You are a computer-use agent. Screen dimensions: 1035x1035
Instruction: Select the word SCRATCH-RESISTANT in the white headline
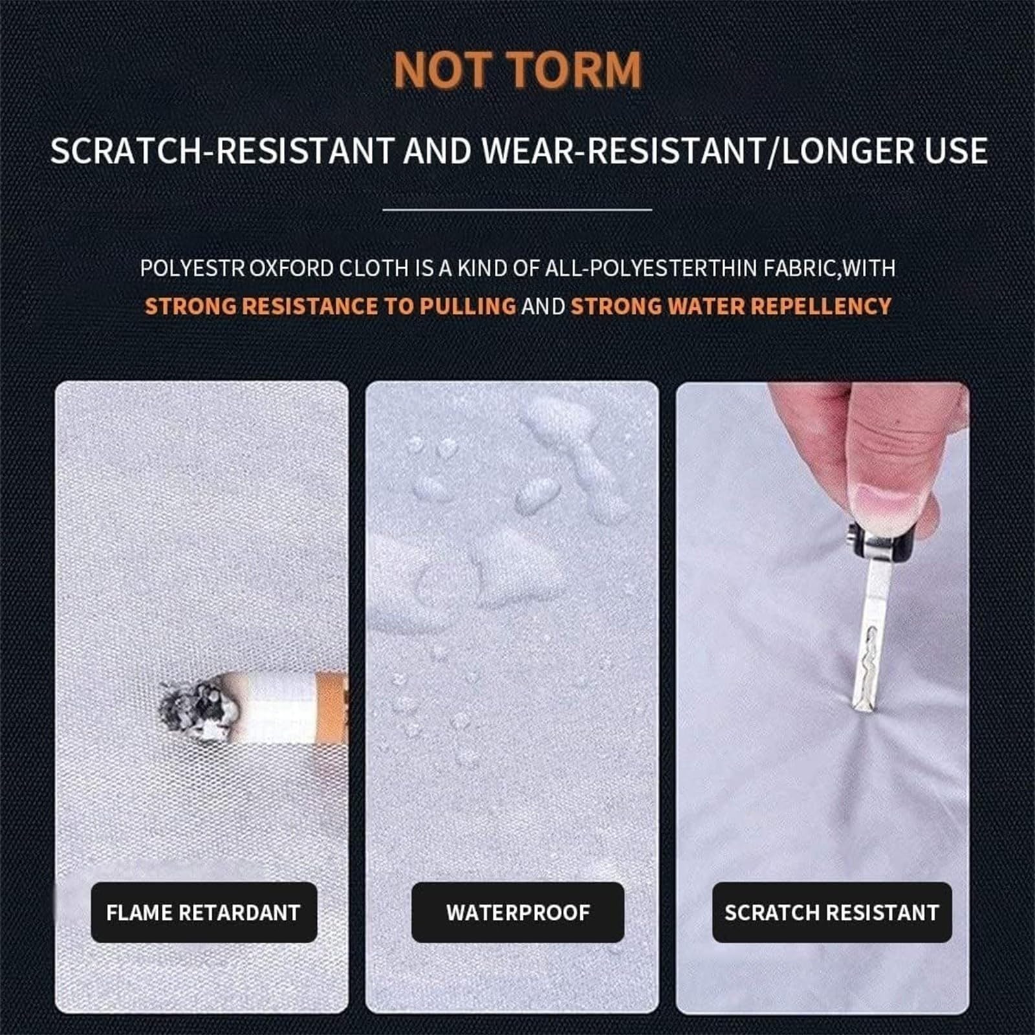pos(222,151)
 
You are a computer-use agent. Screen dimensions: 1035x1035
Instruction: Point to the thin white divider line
pos(517,210)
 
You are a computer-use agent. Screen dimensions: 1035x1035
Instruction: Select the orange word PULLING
pos(467,306)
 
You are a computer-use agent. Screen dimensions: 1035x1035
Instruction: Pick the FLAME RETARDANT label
pos(204,912)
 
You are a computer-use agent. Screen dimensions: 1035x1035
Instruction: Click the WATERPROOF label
pos(517,912)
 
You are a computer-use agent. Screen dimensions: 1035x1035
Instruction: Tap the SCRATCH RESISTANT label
pos(832,912)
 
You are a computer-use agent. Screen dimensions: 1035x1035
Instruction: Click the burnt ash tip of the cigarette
pos(197,708)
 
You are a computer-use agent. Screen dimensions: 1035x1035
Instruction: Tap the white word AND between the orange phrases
pos(543,306)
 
